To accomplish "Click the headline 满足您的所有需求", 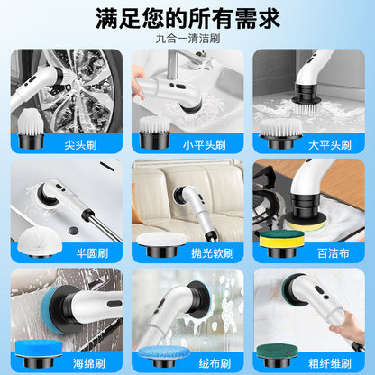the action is tap(187, 19).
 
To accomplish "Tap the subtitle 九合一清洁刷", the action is tap(187, 39).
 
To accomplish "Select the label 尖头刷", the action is tap(80, 145).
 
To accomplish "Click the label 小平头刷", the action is tap(205, 145).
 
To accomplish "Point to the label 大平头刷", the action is tap(330, 145).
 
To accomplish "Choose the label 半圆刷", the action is tap(92, 253).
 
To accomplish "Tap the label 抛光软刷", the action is tap(213, 253).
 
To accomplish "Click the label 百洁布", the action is tap(333, 253).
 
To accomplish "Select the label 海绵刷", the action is tap(89, 363).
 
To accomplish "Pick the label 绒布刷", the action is tap(215, 363).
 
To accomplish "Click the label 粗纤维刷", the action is tap(330, 363).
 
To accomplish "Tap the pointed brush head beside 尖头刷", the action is tap(31, 129).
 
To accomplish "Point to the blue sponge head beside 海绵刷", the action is tap(39, 353).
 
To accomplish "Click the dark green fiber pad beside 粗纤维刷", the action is tap(278, 355).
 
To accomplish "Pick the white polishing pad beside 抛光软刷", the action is tap(161, 244).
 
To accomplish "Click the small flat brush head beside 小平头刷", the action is tap(154, 133).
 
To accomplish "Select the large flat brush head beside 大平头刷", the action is tap(280, 133).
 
